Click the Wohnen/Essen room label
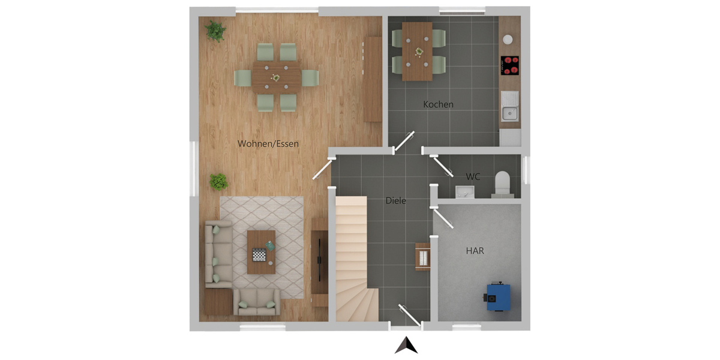point(268,143)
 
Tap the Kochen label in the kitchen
point(438,104)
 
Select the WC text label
point(473,176)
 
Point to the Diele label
point(395,200)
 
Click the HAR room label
point(475,251)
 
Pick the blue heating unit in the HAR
point(497,296)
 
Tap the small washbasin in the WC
point(465,192)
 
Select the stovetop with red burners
point(510,65)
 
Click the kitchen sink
point(510,106)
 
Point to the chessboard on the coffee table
point(259,255)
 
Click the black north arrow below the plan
point(406,345)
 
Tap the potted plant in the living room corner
point(216,31)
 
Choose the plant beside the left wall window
point(219,182)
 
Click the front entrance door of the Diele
point(410,315)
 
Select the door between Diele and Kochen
point(404,141)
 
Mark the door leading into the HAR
point(443,218)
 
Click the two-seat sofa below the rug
point(257,301)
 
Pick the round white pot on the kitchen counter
point(508,39)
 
